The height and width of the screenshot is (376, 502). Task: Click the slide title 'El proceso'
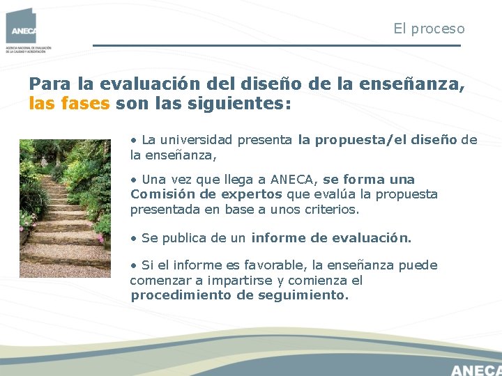pyautogui.click(x=429, y=29)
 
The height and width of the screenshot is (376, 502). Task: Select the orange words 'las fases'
pyautogui.click(x=69, y=104)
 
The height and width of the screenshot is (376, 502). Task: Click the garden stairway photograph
pyautogui.click(x=65, y=208)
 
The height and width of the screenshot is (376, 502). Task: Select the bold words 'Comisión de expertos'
pyautogui.click(x=206, y=194)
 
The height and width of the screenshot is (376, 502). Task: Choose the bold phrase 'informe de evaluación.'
pyautogui.click(x=331, y=238)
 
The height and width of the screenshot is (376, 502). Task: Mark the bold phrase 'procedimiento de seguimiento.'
pyautogui.click(x=239, y=295)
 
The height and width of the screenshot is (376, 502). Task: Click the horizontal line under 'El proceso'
pyautogui.click(x=277, y=46)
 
